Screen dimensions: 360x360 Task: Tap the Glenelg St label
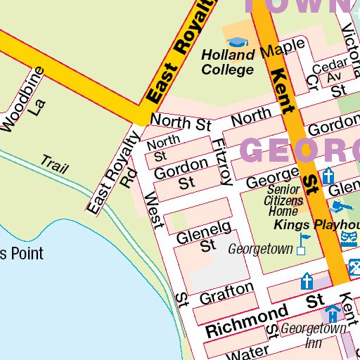pos(204,236)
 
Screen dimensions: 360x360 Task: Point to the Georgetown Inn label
pos(313,335)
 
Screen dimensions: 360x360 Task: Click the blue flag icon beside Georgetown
pos(303,243)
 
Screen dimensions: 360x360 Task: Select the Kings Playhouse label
pos(316,225)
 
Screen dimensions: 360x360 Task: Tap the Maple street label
pos(281,49)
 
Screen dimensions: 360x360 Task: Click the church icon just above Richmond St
pos(307,282)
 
